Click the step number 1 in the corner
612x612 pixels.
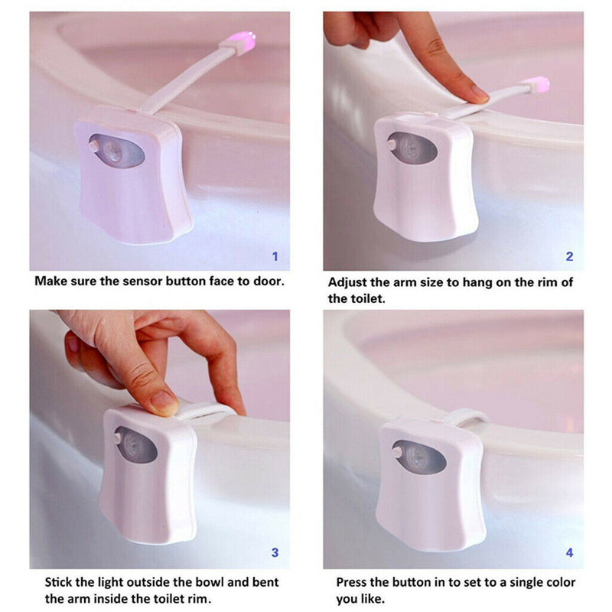pyautogui.click(x=276, y=256)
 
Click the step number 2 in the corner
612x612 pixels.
pyautogui.click(x=569, y=256)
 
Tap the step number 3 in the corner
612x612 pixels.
pyautogui.click(x=276, y=551)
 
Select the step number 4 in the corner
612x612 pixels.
pyautogui.click(x=569, y=551)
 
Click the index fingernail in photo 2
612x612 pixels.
pyautogui.click(x=480, y=93)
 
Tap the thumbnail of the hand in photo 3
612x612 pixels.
pyautogui.click(x=164, y=401)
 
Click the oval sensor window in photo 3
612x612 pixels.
pyautogui.click(x=138, y=444)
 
